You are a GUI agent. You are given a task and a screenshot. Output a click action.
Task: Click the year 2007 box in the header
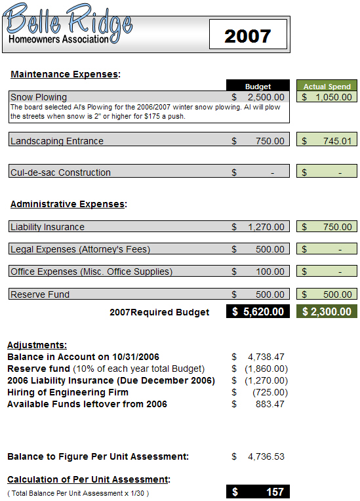pyautogui.click(x=248, y=35)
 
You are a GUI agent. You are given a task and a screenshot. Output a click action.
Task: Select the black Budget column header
pyautogui.click(x=258, y=86)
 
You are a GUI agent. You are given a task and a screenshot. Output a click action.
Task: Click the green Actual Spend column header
pyautogui.click(x=327, y=86)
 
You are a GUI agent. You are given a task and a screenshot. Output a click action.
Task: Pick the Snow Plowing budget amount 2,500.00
pyautogui.click(x=266, y=97)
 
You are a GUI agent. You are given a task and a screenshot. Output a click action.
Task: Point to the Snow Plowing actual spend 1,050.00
pyautogui.click(x=332, y=97)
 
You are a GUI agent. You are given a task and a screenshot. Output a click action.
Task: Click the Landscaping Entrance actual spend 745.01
pyautogui.click(x=332, y=140)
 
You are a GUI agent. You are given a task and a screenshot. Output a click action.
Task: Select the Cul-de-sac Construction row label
pyautogui.click(x=60, y=172)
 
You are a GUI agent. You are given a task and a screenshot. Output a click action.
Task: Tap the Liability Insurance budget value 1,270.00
pyautogui.click(x=266, y=227)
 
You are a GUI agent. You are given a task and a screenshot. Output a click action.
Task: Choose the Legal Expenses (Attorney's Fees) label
pyautogui.click(x=80, y=249)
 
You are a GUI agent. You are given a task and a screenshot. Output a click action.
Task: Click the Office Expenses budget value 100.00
pyautogui.click(x=270, y=271)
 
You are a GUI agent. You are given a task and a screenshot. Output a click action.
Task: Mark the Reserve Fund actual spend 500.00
pyautogui.click(x=332, y=294)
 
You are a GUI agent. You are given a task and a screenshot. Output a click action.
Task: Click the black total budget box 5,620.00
pyautogui.click(x=258, y=311)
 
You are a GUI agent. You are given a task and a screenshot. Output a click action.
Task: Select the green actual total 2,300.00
pyautogui.click(x=327, y=311)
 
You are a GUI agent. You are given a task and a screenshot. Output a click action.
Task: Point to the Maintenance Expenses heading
pyautogui.click(x=65, y=74)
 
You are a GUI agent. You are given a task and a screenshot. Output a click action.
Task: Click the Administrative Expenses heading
pyautogui.click(x=68, y=204)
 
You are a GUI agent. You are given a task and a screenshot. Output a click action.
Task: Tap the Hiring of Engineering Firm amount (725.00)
pyautogui.click(x=270, y=392)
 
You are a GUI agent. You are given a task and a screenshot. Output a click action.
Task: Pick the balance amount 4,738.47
pyautogui.click(x=266, y=357)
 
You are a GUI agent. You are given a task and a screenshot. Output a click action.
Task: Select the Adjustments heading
pyautogui.click(x=36, y=345)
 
